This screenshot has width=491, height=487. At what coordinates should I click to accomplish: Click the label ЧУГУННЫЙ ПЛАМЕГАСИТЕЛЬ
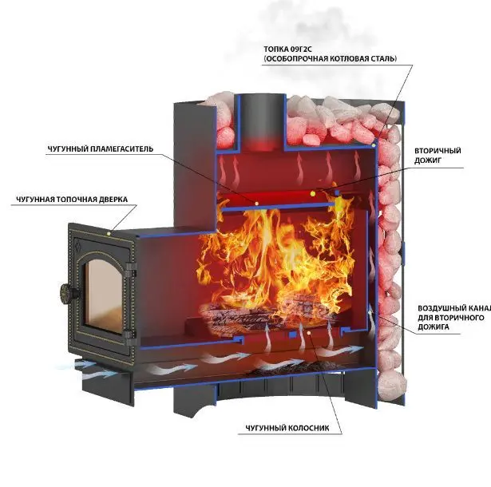101,148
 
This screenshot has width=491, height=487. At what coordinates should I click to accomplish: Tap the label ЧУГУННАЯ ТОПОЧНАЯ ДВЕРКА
72,200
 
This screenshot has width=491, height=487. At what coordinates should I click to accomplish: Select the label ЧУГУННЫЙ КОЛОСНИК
287,428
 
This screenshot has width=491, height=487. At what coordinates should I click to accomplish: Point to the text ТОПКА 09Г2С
287,49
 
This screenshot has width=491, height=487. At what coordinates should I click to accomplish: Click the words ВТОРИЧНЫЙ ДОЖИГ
438,156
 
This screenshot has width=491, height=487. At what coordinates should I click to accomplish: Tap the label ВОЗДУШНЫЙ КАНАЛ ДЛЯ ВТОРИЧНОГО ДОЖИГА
454,317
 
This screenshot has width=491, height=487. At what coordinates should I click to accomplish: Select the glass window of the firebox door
104,295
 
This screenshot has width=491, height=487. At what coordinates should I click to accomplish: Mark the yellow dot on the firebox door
109,233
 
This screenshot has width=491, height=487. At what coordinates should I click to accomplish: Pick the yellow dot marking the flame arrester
257,204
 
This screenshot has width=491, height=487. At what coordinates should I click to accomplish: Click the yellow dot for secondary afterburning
312,193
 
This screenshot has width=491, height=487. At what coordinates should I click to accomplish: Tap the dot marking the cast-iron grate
309,333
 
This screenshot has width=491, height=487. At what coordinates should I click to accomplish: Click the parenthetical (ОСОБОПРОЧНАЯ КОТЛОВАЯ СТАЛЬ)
331,58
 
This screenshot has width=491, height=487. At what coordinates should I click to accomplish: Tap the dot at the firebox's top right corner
374,146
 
